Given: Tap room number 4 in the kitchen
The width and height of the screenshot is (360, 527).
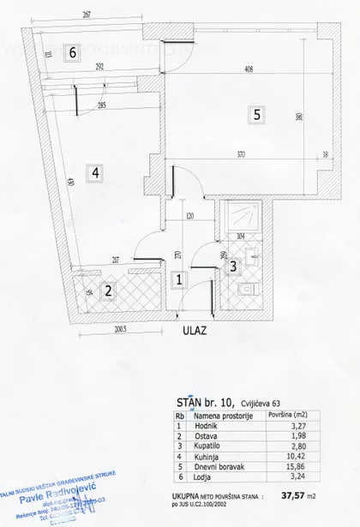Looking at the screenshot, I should coord(96,172).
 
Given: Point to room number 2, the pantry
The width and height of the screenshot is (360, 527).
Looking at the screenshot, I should coord(108,291).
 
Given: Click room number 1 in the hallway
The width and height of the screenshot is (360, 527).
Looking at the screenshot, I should coord(179,278).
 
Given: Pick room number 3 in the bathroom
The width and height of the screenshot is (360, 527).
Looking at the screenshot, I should coord(232,266).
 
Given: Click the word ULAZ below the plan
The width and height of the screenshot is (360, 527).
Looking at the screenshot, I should coord(194,327).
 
